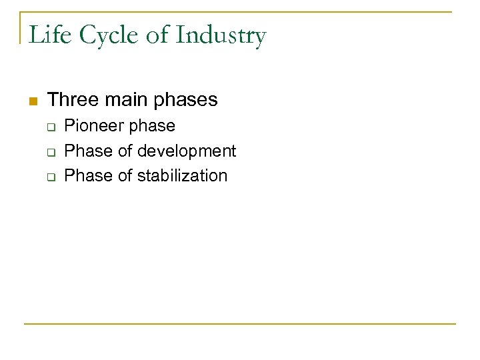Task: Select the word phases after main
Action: pos(186,101)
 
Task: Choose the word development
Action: pos(186,151)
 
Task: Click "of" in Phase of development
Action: pos(125,151)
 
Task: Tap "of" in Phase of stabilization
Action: pos(125,175)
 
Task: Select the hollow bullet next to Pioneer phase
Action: pos(49,127)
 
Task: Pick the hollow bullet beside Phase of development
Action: pos(49,151)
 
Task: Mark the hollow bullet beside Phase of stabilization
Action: pos(49,176)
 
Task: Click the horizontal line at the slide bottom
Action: pos(240,324)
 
